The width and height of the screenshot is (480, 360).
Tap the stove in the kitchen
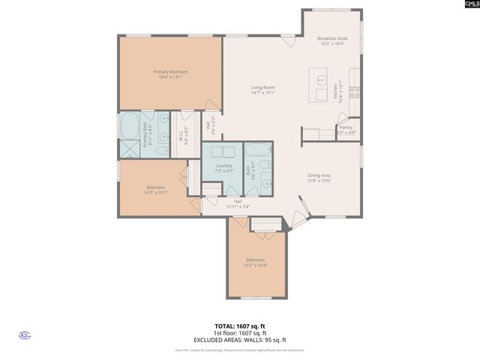355,93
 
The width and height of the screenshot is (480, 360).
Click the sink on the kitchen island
322,79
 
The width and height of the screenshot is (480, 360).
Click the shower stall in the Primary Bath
129,148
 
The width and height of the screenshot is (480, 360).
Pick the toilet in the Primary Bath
162,150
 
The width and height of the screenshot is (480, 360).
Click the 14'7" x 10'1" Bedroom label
155,189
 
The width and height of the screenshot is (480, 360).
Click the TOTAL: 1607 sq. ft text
240,326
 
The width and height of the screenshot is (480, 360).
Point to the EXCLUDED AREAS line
240,340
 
